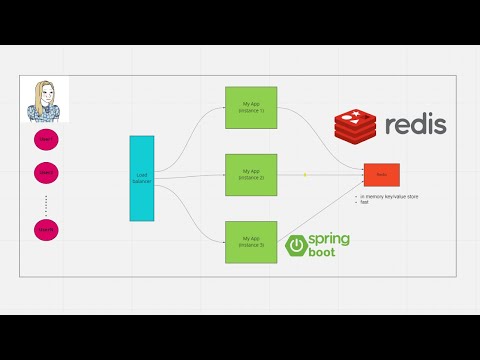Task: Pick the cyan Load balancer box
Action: [x=142, y=177]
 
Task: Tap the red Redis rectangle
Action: [x=381, y=174]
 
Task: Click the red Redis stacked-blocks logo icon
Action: [x=358, y=125]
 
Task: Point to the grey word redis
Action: [x=416, y=126]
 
